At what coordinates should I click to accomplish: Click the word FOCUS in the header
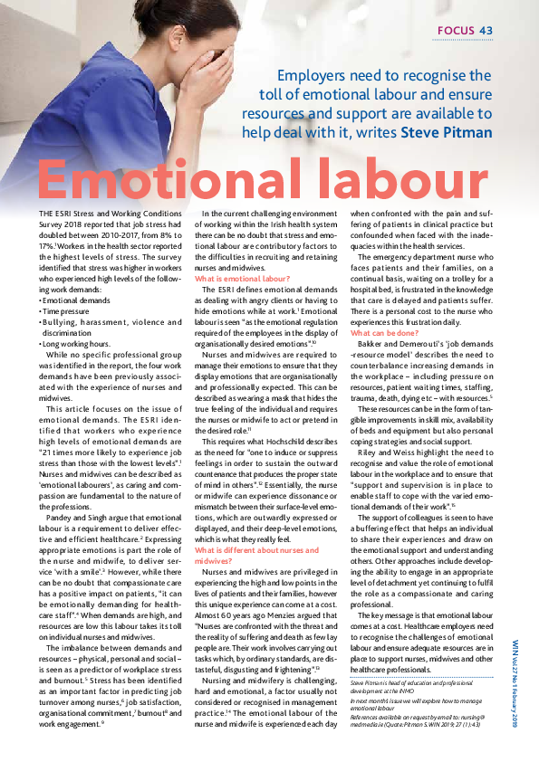tap(457, 32)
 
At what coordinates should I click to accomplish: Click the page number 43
tap(486, 32)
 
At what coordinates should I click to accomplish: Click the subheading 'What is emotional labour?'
tap(243, 281)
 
